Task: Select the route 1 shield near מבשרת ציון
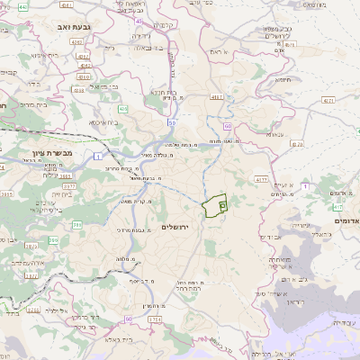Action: [x=97, y=157]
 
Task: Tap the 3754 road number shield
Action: [x=153, y=319]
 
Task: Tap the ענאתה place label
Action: [x=274, y=135]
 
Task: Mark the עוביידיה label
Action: [x=344, y=322]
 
